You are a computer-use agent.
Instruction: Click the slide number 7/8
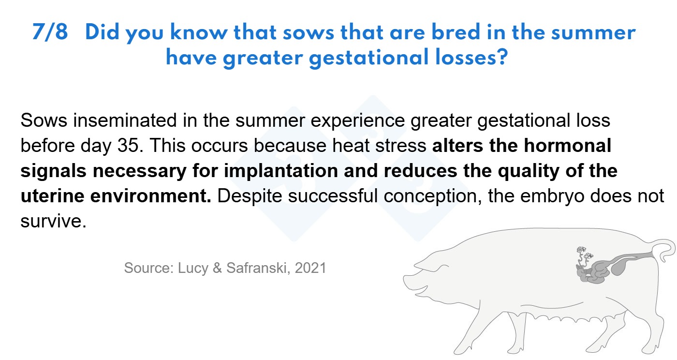[50, 32]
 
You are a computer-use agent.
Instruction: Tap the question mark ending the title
[502, 57]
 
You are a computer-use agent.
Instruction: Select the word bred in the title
[456, 31]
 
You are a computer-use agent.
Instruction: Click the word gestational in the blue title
[368, 58]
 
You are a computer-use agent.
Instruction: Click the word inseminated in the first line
[125, 120]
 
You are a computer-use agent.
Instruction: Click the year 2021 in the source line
[310, 268]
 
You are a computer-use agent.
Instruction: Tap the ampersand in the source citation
[217, 268]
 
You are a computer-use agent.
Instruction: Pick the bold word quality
[529, 171]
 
